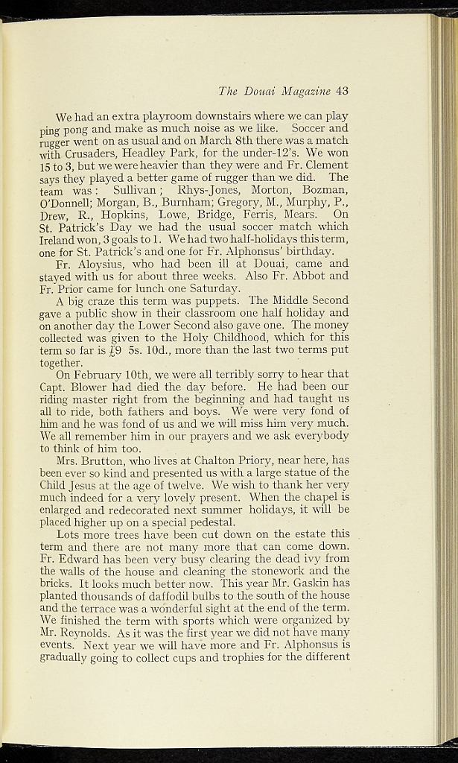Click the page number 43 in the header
point(342,92)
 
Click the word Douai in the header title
point(259,92)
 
